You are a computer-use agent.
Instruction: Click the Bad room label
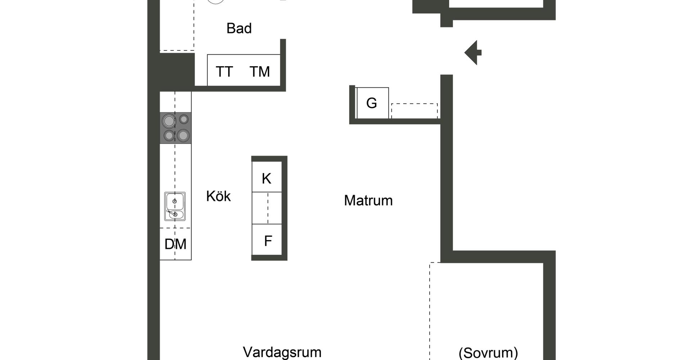point(239,28)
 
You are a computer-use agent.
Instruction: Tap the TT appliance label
point(224,72)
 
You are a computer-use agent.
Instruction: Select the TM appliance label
point(259,72)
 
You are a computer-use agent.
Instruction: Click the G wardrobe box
point(372,103)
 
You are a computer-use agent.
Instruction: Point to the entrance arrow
point(473,53)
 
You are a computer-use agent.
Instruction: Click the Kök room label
point(218,196)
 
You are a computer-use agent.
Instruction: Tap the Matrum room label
point(368,201)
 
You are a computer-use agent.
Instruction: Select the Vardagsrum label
point(282,352)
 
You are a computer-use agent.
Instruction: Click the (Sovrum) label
point(488,352)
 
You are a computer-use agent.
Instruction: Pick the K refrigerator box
point(267,177)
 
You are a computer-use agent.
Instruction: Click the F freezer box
point(267,240)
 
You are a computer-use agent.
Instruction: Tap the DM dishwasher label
point(175,244)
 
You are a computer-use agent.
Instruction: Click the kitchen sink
point(175,206)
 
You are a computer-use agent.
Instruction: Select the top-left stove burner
point(169,121)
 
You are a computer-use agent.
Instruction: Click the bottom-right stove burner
point(183,135)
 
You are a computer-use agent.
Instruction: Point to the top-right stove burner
point(184,119)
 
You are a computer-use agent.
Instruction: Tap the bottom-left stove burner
point(169,136)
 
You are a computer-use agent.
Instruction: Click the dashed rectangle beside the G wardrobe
point(414,111)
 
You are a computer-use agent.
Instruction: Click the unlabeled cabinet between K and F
point(267,208)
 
